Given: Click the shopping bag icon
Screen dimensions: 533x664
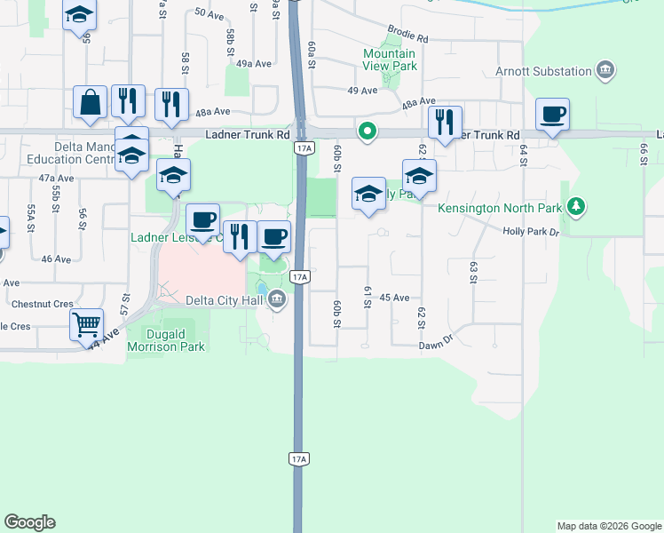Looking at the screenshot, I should click(x=91, y=102).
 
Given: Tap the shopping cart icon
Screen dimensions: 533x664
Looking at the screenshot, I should click(x=86, y=325).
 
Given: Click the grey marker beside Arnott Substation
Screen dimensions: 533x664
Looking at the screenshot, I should click(x=605, y=70).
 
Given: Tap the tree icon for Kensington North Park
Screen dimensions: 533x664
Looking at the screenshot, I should click(x=577, y=207).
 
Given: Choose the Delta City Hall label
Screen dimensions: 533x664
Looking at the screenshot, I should click(x=225, y=300).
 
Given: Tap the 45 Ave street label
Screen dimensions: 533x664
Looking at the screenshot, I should click(x=394, y=298).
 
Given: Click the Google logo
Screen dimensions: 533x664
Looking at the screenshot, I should click(x=29, y=522).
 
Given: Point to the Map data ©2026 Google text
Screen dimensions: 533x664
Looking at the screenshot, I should click(x=608, y=526).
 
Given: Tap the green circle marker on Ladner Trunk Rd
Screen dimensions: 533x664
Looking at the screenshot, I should click(x=367, y=132).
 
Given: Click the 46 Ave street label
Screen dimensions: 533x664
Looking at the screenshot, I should click(x=55, y=259).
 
